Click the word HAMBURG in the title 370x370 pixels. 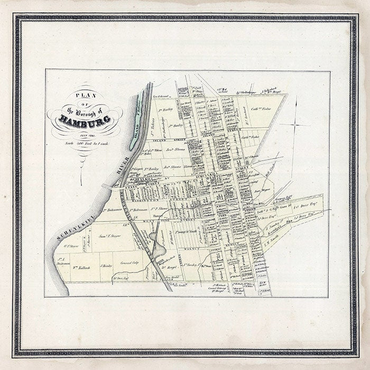pyautogui.click(x=84, y=120)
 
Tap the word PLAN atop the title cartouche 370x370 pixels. pyautogui.click(x=83, y=96)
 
